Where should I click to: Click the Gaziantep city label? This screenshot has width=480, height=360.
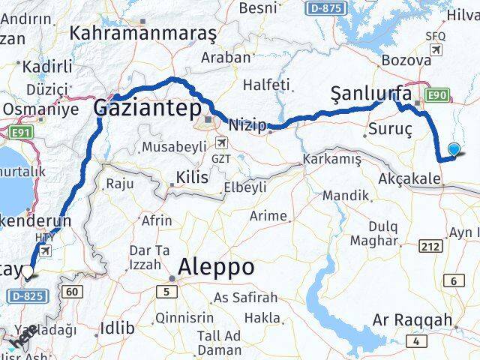coord(148,109)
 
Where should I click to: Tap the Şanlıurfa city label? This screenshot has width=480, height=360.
coord(371,94)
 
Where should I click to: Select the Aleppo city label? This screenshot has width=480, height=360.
coord(217,267)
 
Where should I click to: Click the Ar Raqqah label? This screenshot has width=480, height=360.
coord(411,320)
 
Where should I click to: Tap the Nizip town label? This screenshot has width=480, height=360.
coord(247,125)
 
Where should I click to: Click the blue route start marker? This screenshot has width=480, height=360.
coord(454,149)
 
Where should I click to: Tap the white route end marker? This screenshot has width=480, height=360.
coord(28,272)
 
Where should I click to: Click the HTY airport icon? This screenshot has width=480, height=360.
coord(46,251)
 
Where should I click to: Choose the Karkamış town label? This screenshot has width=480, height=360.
coord(331,160)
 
